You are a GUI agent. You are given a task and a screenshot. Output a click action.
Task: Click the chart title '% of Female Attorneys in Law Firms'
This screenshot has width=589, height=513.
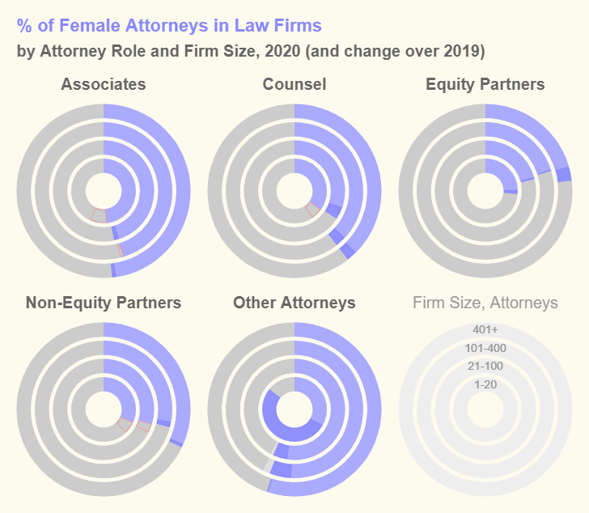169,26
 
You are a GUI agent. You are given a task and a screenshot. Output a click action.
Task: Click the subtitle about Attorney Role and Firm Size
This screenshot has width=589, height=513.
251,52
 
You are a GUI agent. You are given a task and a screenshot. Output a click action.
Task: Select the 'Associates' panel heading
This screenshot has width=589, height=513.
104,84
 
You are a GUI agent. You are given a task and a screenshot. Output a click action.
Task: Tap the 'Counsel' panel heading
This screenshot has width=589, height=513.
294,84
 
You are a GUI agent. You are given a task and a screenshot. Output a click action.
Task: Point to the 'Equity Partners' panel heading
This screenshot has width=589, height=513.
485,84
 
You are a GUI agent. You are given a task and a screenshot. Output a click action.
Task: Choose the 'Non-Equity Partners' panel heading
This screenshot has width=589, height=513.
104,303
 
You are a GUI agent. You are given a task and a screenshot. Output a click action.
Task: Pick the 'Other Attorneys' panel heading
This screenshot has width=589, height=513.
294,303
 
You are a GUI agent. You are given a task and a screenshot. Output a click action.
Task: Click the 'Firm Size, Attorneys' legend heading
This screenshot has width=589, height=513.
485,303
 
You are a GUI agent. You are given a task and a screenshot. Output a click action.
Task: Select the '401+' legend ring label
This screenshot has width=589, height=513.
485,329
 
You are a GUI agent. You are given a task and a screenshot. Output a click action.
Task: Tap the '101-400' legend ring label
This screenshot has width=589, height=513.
485,348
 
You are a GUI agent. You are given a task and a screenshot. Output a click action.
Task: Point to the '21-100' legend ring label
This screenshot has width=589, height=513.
485,366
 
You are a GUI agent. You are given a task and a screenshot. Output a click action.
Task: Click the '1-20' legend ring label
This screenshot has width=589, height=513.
485,384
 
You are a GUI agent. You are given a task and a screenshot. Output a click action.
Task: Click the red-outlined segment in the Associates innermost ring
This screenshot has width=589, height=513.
98,215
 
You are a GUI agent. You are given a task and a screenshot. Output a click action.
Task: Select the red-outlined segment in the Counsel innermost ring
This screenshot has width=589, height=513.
312,210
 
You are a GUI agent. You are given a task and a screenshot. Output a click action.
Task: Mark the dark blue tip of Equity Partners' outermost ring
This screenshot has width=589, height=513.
565,174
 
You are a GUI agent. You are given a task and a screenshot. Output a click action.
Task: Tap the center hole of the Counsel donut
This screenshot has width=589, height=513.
294,191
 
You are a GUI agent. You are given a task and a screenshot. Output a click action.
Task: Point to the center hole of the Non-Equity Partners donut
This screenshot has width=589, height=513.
104,409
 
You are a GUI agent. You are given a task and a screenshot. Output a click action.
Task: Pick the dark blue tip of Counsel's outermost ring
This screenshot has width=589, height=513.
348,250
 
